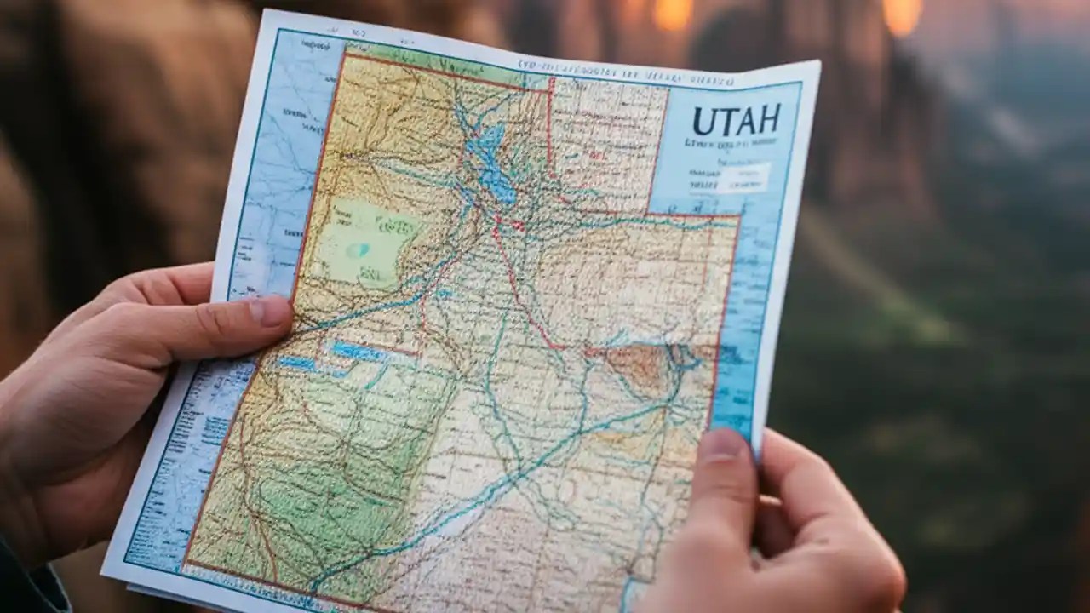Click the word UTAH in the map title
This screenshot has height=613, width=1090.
[737, 120]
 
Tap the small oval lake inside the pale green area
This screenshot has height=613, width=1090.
[358, 249]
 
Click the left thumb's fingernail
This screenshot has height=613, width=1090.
[271, 312]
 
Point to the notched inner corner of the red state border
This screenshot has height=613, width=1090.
[651, 212]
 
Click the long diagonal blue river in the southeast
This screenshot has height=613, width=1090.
[511, 477]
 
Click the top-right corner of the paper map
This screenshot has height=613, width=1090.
[817, 63]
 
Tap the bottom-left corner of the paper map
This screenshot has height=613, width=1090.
[104, 572]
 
